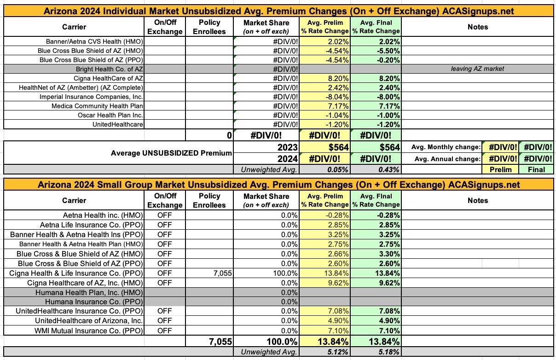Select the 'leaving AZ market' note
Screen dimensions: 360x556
pyautogui.click(x=478, y=69)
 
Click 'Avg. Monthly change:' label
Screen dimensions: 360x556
pyautogui.click(x=446, y=147)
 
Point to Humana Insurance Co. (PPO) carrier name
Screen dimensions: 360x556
pyautogui.click(x=94, y=302)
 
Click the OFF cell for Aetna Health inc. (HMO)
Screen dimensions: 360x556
pyautogui.click(x=164, y=215)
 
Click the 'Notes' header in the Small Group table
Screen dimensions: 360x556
pyautogui.click(x=477, y=200)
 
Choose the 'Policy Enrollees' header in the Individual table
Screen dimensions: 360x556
pyautogui.click(x=209, y=27)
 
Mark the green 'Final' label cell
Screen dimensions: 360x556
pyautogui.click(x=536, y=169)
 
